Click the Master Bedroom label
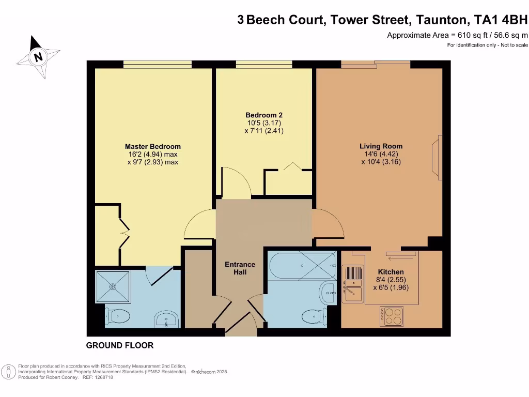(153, 146)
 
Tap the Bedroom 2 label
(264, 115)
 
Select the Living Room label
(381, 146)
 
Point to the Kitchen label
(391, 272)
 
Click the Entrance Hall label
(240, 268)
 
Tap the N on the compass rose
(38, 56)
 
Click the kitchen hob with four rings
(392, 316)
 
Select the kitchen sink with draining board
(353, 284)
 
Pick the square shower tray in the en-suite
(113, 286)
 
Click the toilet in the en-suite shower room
(117, 316)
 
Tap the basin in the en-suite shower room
(167, 319)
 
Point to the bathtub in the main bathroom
(302, 266)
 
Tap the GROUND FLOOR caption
(120, 345)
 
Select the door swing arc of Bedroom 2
(240, 179)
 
